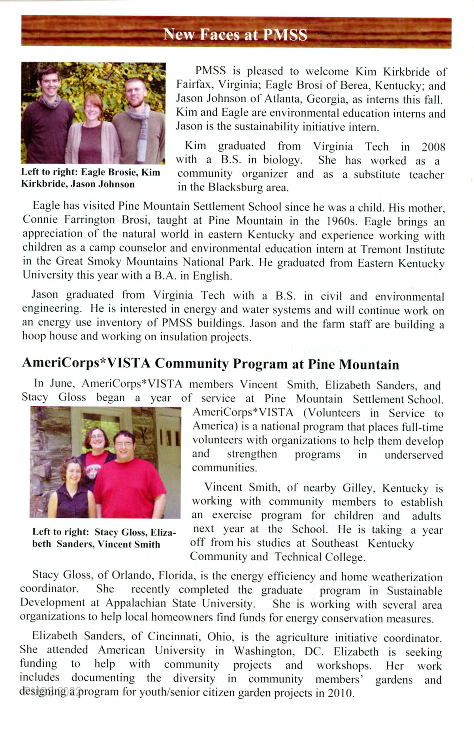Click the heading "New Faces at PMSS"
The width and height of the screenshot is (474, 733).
click(x=235, y=35)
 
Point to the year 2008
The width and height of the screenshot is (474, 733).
click(x=433, y=147)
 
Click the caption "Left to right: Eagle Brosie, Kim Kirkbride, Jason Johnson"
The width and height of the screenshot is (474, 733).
click(x=90, y=178)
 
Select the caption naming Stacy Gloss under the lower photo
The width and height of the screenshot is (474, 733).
click(x=103, y=538)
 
